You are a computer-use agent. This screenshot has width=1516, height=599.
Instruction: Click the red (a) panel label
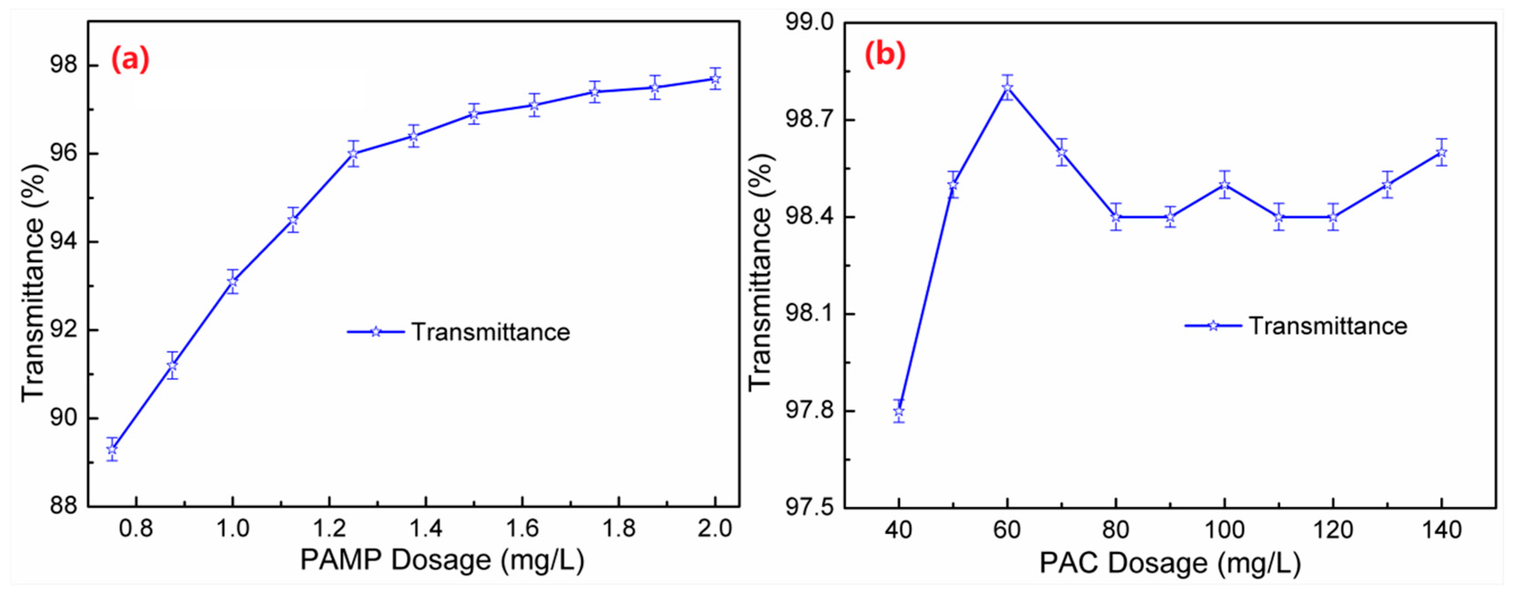(x=130, y=60)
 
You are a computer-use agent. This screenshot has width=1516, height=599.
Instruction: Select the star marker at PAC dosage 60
(x=1008, y=88)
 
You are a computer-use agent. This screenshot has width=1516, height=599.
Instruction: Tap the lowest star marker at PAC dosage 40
(x=899, y=411)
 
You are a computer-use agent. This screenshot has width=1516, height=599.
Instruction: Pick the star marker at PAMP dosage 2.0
(x=715, y=79)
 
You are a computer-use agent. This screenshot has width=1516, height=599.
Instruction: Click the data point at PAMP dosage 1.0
(x=233, y=281)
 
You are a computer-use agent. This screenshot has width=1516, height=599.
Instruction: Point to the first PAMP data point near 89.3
(x=112, y=450)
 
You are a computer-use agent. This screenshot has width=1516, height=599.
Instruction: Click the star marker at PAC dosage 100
(x=1225, y=185)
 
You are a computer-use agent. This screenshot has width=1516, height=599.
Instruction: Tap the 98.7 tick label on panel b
(x=810, y=120)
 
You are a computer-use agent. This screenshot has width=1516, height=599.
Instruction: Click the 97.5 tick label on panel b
(x=810, y=507)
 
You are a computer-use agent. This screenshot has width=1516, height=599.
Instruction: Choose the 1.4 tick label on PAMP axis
(x=425, y=529)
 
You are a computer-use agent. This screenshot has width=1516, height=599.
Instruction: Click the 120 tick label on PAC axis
(x=1333, y=530)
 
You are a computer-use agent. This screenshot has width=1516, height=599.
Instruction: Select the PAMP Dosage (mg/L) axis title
(x=442, y=560)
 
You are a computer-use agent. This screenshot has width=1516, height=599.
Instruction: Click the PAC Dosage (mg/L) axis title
(x=1170, y=563)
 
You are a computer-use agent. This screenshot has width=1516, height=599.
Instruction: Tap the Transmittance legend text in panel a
(x=491, y=332)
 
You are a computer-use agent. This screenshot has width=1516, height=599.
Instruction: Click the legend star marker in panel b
(x=1213, y=326)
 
